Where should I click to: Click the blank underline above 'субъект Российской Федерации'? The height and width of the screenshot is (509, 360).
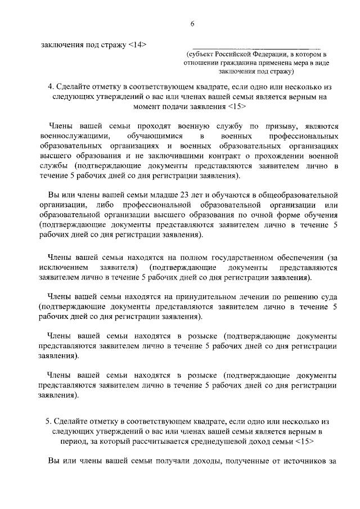[256, 47]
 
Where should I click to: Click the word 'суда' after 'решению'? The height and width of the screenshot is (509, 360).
[328, 296]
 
